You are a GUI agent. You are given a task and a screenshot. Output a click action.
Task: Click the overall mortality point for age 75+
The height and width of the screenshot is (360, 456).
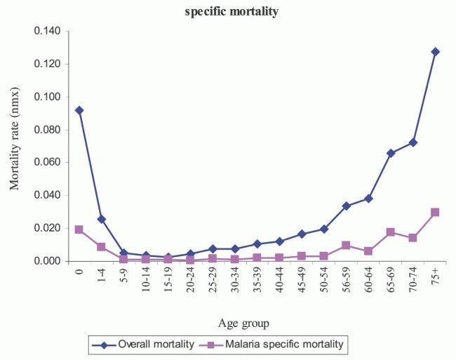coord(435,51)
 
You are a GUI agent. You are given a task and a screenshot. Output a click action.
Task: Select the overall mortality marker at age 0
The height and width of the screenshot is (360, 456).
coord(79,110)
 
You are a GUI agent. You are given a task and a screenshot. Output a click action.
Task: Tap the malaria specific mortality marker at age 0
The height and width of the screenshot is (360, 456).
coord(79,229)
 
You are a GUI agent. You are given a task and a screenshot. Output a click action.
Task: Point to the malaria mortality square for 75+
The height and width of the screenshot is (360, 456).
coord(435,212)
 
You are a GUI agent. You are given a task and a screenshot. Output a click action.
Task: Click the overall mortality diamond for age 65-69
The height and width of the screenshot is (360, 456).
coord(391,153)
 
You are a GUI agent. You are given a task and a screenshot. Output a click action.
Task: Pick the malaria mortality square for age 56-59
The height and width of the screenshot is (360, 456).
coord(346,245)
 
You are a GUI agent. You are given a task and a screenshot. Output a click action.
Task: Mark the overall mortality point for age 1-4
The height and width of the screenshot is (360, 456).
coord(102,219)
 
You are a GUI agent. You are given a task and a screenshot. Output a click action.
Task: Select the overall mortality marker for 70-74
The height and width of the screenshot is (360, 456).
coord(413,142)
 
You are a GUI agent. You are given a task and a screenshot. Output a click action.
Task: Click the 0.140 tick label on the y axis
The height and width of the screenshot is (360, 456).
coord(51,32)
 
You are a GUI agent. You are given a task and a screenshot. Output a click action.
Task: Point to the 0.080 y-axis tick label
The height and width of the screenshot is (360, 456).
coord(51,130)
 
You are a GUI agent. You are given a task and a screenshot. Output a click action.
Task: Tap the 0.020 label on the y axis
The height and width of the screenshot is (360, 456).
coord(51,228)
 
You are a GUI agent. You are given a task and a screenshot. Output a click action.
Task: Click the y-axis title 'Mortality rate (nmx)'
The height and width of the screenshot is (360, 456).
coord(14,146)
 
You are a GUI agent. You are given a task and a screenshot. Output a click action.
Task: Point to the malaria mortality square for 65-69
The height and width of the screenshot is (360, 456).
coord(391,232)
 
